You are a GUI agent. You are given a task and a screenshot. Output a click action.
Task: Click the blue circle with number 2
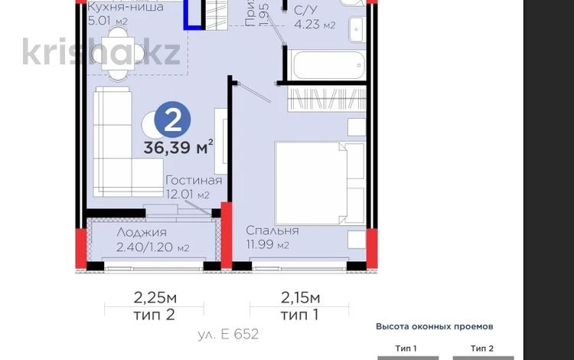pyautogui.click(x=173, y=119)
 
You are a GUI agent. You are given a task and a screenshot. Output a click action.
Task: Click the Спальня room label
pyautogui.click(x=272, y=231)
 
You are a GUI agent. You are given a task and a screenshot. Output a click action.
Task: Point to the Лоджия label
pyautogui.click(x=142, y=233)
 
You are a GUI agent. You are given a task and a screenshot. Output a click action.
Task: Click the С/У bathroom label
pyautogui.click(x=305, y=9)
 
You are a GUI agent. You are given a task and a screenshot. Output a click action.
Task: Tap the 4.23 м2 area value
pyautogui.click(x=315, y=25)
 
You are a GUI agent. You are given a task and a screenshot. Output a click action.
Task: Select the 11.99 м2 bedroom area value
pyautogui.click(x=267, y=245)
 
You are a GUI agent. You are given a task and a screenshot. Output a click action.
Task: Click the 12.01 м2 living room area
pyautogui.click(x=188, y=195)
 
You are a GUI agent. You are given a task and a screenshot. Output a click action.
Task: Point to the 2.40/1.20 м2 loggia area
pyautogui.click(x=153, y=247)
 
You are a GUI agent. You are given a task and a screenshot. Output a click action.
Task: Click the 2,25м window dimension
pyautogui.click(x=154, y=297)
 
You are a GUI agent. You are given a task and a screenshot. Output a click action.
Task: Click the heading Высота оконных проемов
pyautogui.click(x=434, y=326)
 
